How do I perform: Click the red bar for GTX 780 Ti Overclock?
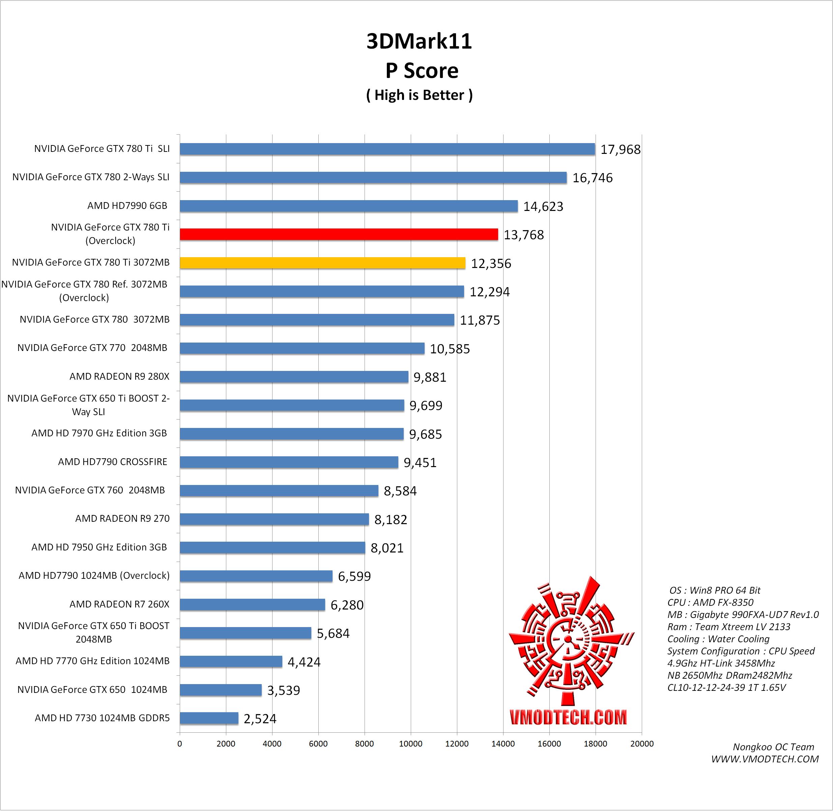(339, 234)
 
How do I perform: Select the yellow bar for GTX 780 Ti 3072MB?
(323, 263)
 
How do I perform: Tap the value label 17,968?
(620, 150)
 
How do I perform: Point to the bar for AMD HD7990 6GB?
(349, 206)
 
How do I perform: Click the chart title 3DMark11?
(419, 41)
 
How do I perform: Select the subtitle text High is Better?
(419, 95)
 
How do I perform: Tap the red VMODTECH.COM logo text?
(568, 718)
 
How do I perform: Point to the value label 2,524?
(260, 719)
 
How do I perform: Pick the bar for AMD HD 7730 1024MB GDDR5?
(209, 718)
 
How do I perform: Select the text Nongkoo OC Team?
(773, 747)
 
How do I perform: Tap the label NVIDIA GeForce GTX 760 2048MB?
(90, 490)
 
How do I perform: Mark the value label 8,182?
(390, 520)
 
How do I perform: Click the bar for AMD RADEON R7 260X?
(252, 604)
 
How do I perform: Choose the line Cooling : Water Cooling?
(718, 639)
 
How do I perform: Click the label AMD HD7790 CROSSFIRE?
(112, 462)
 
